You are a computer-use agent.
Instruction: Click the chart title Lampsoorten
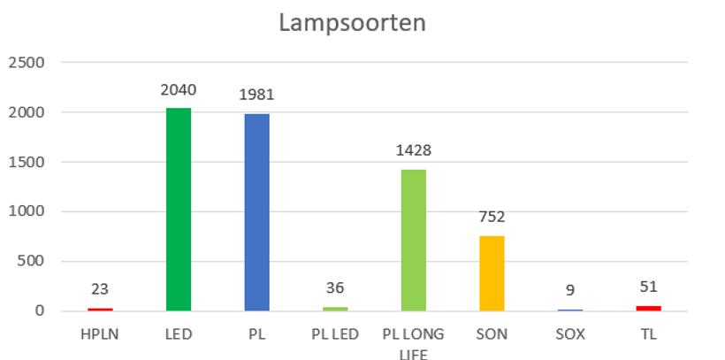point(352,22)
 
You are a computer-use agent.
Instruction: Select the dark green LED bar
point(179,210)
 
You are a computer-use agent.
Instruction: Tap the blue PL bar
point(256,212)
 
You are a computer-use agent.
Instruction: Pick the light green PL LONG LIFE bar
point(414,240)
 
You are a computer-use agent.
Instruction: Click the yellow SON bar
point(492,273)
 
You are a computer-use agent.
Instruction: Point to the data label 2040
point(179,89)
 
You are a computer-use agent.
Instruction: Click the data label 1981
point(256,96)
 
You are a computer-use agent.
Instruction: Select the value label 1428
point(414,150)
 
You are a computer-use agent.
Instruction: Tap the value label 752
point(492,218)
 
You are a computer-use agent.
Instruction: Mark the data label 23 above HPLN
point(100,288)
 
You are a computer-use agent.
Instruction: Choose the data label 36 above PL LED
point(335,287)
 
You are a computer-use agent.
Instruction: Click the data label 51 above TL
point(648,287)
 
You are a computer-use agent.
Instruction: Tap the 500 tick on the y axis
point(31,261)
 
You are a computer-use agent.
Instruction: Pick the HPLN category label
point(100,334)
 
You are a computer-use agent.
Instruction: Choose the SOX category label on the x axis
point(570,334)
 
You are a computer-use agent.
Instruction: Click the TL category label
point(648,334)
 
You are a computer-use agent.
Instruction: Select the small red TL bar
point(648,308)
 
